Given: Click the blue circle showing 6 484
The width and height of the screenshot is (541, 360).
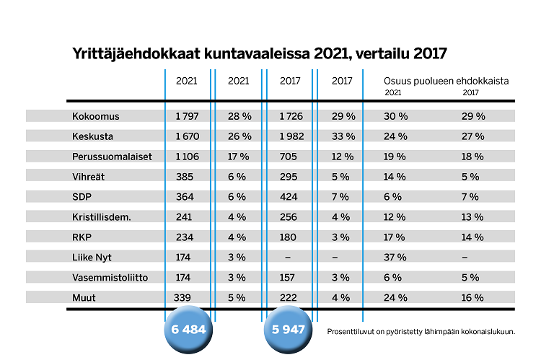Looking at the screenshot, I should click(189, 329).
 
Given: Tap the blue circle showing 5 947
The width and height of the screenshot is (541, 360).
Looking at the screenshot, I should click(289, 329).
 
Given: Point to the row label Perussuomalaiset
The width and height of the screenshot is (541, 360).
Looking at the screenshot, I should click(112, 157).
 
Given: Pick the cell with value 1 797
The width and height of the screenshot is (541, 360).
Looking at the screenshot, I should click(188, 116).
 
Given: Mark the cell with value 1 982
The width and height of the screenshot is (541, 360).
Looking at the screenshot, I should click(291, 136).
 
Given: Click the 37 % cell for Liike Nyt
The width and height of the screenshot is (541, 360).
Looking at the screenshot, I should click(396, 257).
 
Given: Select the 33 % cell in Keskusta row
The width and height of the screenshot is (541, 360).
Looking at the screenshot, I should click(343, 136).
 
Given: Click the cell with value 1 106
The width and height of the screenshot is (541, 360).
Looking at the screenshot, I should click(188, 157).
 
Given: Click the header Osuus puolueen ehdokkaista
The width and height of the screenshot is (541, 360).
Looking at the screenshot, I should click(447, 82).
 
